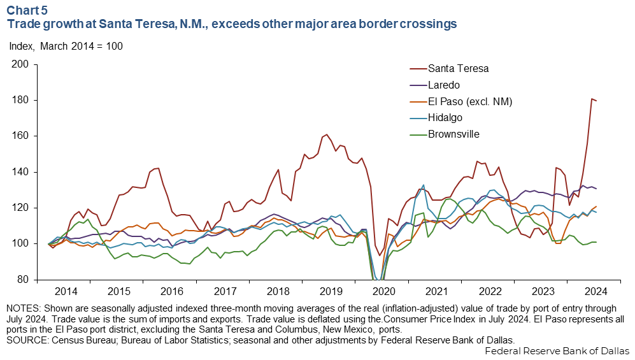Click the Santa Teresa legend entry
click(x=458, y=68)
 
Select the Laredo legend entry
click(x=444, y=85)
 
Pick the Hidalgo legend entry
click(x=445, y=118)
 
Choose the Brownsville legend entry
click(x=453, y=134)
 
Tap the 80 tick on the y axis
click(x=24, y=280)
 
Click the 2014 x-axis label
click(x=67, y=291)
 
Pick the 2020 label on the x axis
click(x=383, y=291)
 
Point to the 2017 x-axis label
click(x=225, y=291)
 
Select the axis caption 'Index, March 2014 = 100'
click(x=66, y=47)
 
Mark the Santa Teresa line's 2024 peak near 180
click(x=592, y=99)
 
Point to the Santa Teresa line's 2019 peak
click(x=327, y=134)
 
